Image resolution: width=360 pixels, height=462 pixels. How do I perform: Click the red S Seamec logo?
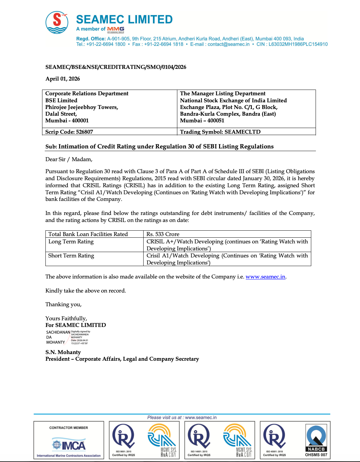[57, 22]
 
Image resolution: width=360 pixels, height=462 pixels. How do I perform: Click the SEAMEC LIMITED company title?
[124, 19]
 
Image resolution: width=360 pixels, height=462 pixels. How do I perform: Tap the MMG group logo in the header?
[116, 29]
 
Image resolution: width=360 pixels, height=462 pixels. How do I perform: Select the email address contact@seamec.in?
[228, 44]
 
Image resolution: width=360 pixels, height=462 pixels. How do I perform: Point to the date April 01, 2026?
[63, 79]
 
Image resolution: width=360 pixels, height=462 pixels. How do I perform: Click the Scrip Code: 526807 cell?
[69, 132]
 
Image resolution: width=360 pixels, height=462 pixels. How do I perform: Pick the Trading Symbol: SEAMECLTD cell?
[220, 132]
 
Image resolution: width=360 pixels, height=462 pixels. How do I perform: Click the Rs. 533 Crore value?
[163, 234]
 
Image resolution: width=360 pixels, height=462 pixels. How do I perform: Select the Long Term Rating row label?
[71, 241]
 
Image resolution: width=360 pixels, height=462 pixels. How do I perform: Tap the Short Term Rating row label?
[71, 255]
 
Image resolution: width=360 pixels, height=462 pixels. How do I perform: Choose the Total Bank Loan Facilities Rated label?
[88, 234]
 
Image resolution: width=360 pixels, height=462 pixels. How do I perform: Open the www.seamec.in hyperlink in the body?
[265, 276]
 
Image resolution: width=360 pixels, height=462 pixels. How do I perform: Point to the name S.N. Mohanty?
[63, 352]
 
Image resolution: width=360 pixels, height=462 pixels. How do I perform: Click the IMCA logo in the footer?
[69, 445]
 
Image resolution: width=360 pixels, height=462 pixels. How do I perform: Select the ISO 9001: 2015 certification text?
[124, 452]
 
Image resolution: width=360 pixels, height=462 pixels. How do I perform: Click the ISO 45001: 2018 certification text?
[274, 452]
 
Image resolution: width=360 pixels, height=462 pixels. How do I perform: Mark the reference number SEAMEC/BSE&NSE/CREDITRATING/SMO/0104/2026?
[116, 67]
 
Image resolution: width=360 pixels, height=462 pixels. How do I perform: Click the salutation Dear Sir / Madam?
[69, 159]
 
